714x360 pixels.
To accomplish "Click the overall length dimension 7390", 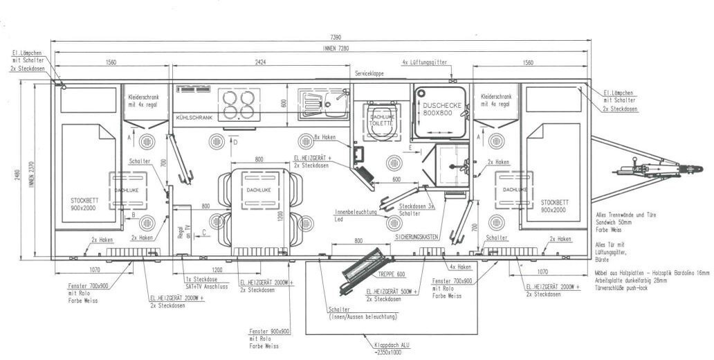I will click(x=336, y=37).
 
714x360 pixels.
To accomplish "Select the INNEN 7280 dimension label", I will click(x=336, y=48).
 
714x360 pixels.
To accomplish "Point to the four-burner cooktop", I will click(x=239, y=105).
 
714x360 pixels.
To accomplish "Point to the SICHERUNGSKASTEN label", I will click(x=417, y=237).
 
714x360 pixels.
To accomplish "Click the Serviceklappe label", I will click(x=369, y=73).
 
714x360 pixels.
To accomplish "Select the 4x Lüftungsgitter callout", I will click(x=424, y=62).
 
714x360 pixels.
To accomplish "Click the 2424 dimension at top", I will click(x=261, y=62).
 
